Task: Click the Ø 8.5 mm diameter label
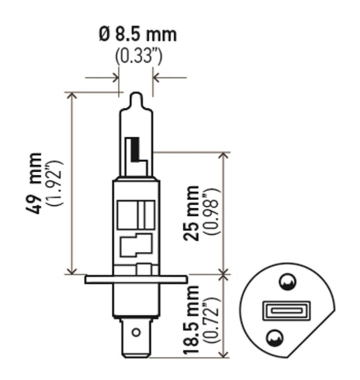tap(138, 35)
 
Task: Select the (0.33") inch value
tap(138, 56)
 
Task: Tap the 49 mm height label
tap(36, 183)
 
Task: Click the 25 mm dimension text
tap(191, 213)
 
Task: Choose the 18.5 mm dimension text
tap(191, 320)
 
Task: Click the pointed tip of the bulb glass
tap(136, 95)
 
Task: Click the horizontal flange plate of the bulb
tap(136, 279)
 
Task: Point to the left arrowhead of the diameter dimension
tap(115, 78)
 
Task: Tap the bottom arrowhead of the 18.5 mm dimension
tap(224, 354)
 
